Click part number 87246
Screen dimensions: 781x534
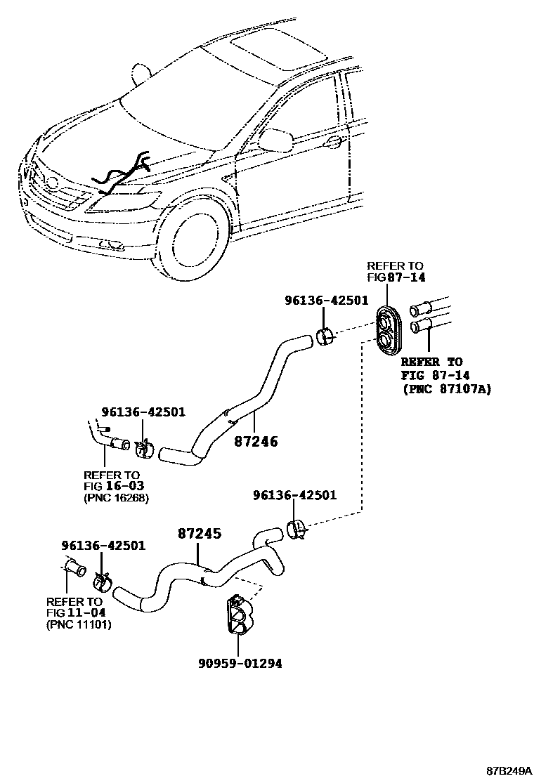256,442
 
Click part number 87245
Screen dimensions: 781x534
199,534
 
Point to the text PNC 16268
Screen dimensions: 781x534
116,498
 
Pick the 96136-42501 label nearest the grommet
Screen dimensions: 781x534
326,300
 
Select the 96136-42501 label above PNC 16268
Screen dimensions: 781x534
143,412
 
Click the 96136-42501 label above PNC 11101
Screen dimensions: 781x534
103,545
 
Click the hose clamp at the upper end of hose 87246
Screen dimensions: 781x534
326,336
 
